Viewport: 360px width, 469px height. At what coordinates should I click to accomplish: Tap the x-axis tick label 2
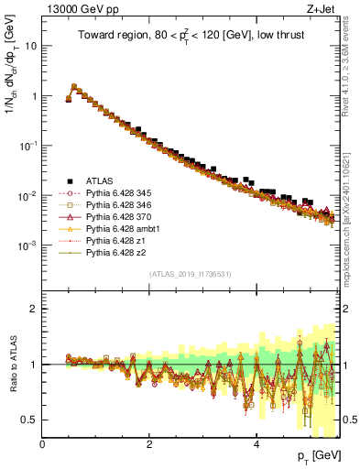[149, 444]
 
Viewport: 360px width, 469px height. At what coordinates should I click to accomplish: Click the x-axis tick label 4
[256, 444]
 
